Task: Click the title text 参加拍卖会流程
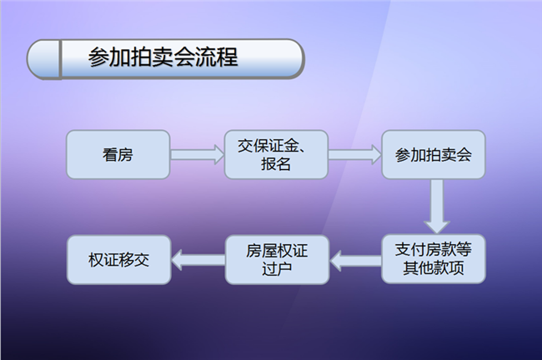[163, 57]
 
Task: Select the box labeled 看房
[118, 154]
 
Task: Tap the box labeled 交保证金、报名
[276, 154]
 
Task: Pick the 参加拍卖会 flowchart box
[434, 154]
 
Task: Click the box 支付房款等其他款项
[434, 259]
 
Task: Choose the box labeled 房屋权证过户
[277, 260]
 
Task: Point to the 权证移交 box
[119, 260]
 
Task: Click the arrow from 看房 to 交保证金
[198, 154]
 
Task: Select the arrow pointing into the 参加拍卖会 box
[355, 154]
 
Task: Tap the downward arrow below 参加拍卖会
[437, 207]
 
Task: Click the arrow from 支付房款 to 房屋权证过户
[355, 260]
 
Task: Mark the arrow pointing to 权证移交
[198, 260]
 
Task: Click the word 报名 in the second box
[276, 163]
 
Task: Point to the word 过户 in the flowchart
[277, 268]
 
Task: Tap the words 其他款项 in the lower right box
[434, 267]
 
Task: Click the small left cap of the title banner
[43, 58]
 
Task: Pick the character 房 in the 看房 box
[125, 154]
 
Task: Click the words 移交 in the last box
[134, 260]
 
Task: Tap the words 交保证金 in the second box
[268, 146]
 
